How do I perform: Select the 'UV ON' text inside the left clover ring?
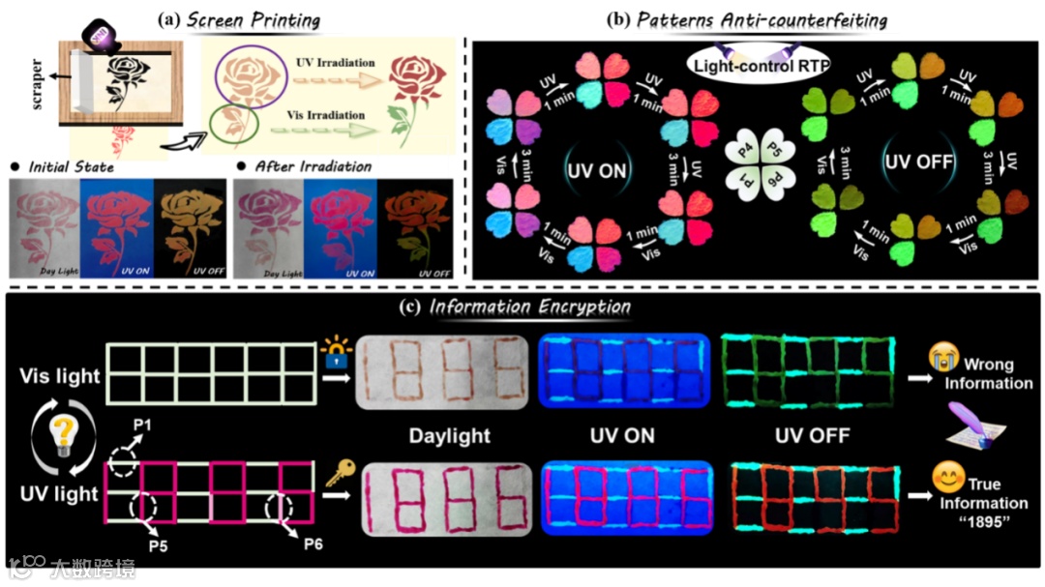pyautogui.click(x=594, y=171)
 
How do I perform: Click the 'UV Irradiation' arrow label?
pyautogui.click(x=335, y=63)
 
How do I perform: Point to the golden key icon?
pyautogui.click(x=339, y=475)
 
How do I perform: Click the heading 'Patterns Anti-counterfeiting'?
pyautogui.click(x=763, y=19)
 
